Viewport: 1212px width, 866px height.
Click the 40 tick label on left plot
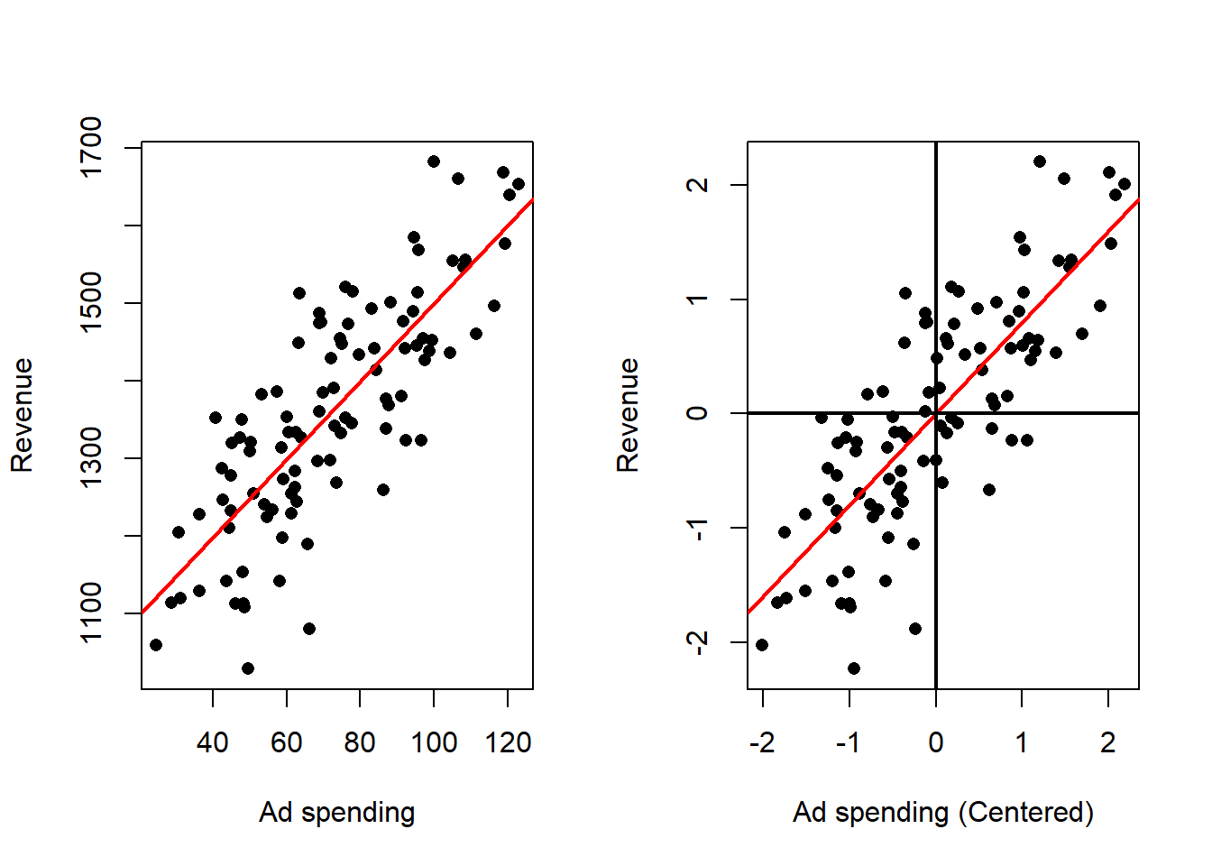tap(213, 742)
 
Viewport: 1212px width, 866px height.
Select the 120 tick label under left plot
tap(508, 742)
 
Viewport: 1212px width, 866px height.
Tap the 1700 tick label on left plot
tap(92, 147)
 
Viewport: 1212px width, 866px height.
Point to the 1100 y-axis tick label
tap(92, 613)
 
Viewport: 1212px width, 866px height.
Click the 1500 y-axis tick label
tap(92, 303)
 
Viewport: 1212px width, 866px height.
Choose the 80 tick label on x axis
tap(360, 742)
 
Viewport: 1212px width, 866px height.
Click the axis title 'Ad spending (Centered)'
tap(943, 812)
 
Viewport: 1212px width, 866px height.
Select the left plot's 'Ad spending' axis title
tap(337, 812)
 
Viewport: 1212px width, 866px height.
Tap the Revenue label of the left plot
tap(22, 415)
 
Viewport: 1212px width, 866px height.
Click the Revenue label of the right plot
tap(628, 415)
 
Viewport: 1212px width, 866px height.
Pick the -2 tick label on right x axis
tap(762, 742)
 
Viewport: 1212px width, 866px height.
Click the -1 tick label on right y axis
tap(698, 528)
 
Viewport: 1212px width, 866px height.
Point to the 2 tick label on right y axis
tap(698, 185)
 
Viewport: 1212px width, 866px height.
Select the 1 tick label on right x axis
tap(1022, 742)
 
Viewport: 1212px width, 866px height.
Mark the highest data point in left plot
tap(434, 161)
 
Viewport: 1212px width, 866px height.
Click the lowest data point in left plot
tap(248, 668)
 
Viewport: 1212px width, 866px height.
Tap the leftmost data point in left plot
tap(156, 645)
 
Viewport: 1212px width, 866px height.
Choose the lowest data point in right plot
tap(854, 668)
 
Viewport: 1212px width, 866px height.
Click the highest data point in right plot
tap(1040, 161)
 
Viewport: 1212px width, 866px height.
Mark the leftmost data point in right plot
tap(762, 645)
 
